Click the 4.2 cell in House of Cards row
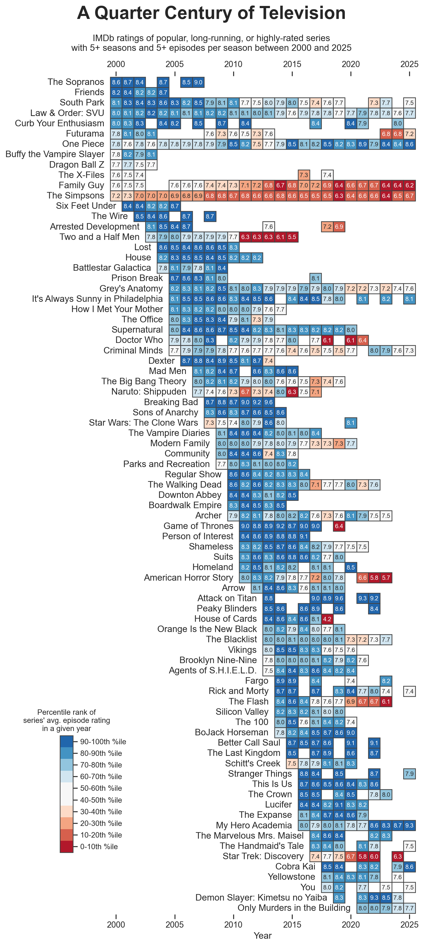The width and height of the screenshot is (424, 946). [x=327, y=619]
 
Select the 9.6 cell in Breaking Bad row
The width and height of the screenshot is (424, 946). [x=268, y=402]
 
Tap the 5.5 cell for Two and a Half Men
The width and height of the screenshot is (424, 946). [x=292, y=237]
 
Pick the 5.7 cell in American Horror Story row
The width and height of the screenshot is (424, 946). [x=386, y=578]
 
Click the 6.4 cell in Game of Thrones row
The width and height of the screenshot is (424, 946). [x=339, y=526]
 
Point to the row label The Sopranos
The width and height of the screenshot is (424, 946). [x=76, y=82]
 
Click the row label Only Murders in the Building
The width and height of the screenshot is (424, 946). [x=294, y=908]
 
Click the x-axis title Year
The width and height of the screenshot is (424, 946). [x=262, y=935]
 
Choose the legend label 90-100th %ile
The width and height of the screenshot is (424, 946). [x=103, y=742]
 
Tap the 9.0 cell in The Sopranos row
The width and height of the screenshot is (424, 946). [x=198, y=82]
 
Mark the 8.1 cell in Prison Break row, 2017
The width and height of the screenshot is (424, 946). [x=315, y=278]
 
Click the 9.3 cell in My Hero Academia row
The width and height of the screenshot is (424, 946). [x=409, y=825]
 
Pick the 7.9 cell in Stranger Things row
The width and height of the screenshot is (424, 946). [x=409, y=774]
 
